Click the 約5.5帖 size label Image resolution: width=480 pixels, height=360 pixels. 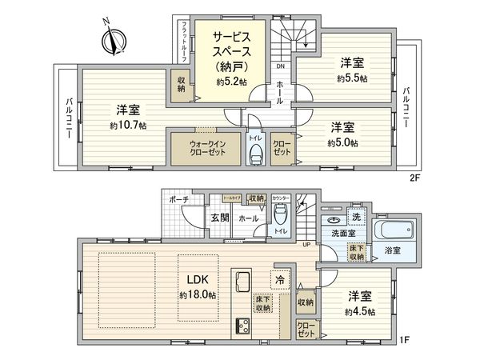tap(352, 79)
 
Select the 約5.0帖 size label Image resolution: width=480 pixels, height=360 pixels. tap(342, 142)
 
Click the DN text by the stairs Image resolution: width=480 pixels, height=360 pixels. tap(279, 67)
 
